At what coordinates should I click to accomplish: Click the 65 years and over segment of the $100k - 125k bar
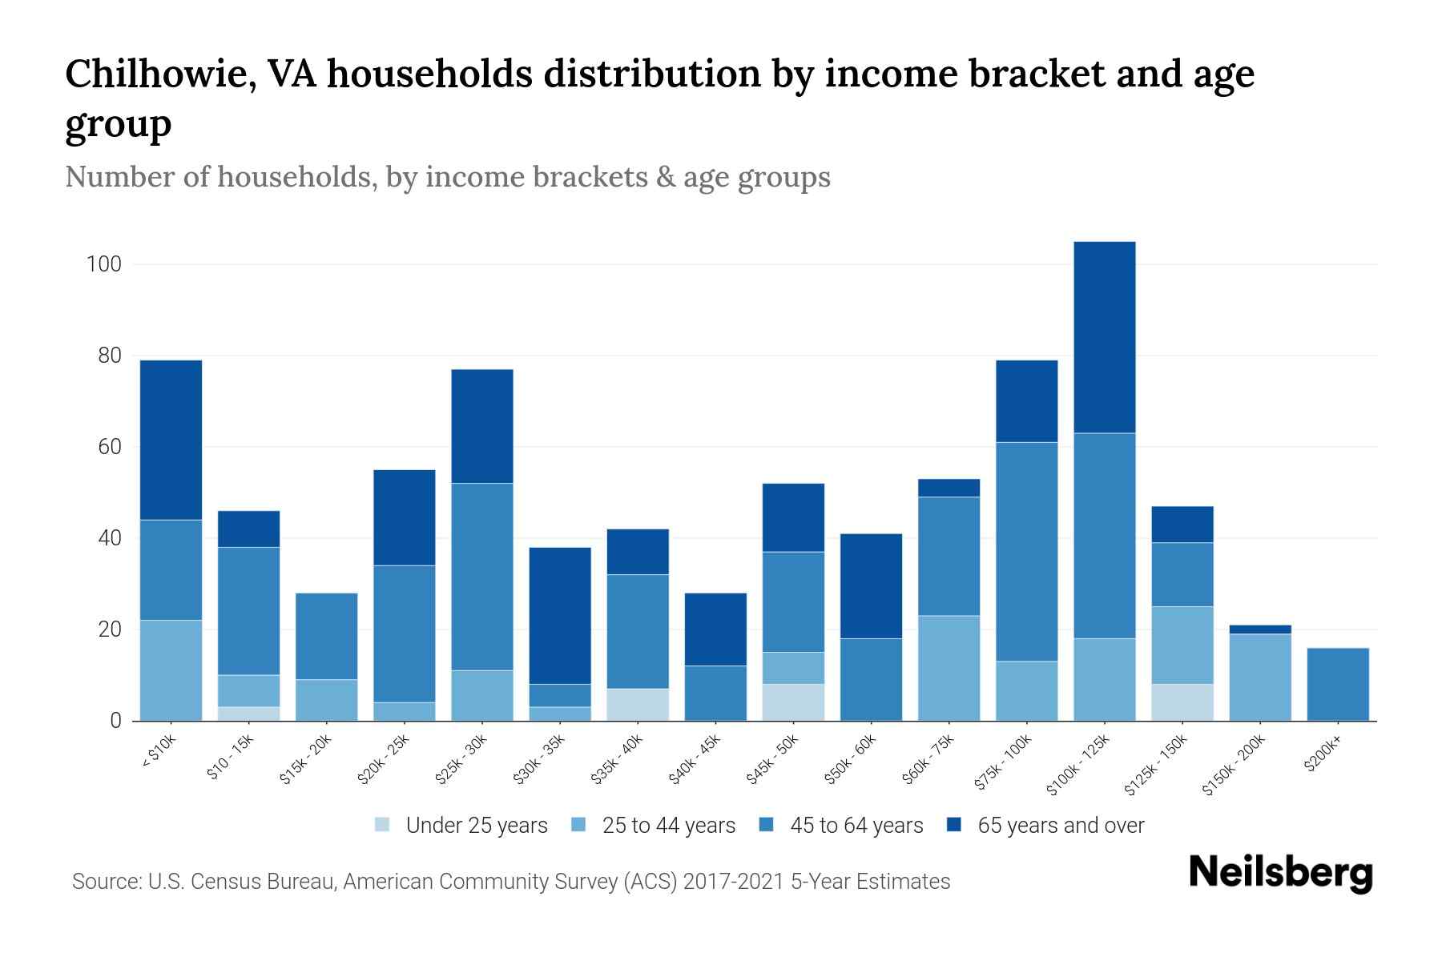tap(1104, 337)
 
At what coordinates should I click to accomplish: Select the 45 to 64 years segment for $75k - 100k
tap(1026, 552)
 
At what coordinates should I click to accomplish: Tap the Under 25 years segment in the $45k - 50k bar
tap(792, 702)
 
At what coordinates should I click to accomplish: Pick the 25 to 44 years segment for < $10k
tap(171, 670)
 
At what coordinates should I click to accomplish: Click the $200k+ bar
tap(1338, 685)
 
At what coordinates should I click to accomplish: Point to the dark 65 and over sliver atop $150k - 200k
tap(1260, 629)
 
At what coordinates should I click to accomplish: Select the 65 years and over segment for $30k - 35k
tap(560, 615)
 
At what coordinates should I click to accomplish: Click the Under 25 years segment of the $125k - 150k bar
tap(1182, 702)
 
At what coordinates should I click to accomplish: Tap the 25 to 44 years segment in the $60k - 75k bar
tap(949, 668)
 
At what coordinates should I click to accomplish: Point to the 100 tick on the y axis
tap(103, 264)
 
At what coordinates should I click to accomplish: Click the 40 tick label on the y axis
tap(109, 538)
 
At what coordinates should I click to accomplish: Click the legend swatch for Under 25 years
tap(383, 825)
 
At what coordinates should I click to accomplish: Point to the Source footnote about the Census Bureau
tap(510, 882)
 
